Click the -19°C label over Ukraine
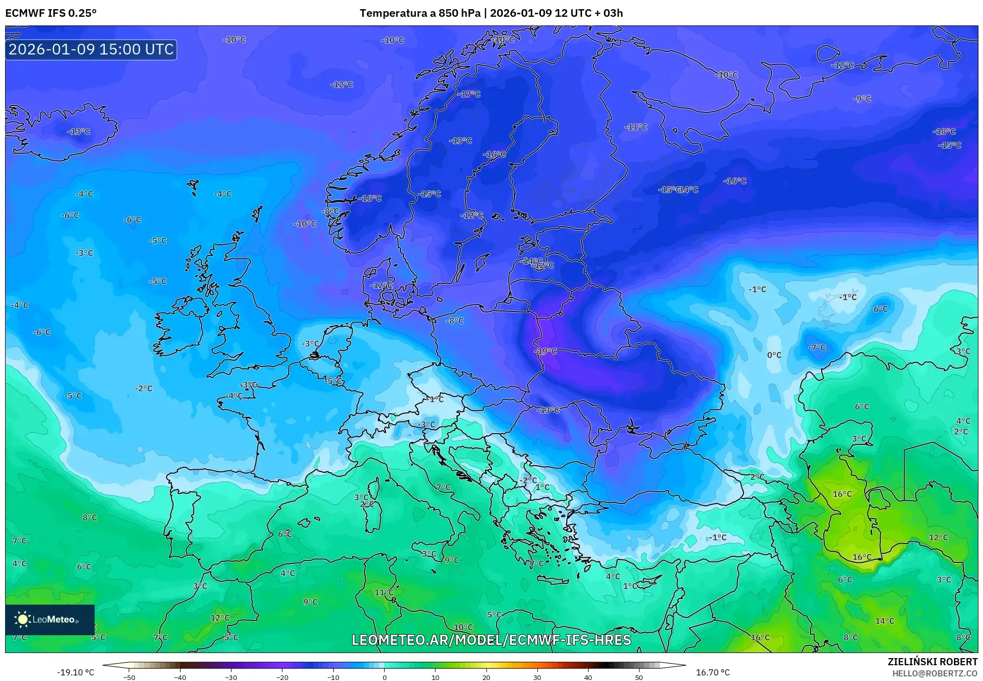coord(545,351)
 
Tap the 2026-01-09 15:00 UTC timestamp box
coord(91,49)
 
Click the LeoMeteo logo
coord(49,619)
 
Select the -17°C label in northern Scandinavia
coord(469,94)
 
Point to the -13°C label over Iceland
coord(79,131)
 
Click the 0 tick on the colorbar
coord(384,677)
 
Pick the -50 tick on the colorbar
coord(129,677)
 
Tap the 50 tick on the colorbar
coord(639,677)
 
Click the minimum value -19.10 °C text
coord(75,672)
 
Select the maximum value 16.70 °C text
coord(712,672)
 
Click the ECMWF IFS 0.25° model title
coord(51,13)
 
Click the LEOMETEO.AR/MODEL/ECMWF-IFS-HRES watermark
coord(491,640)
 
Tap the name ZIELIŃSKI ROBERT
coord(932,662)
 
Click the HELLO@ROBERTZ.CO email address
coord(934,673)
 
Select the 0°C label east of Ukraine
coord(774,355)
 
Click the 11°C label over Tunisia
coord(384,592)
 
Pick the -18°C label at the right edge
coord(944,131)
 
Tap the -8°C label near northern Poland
coord(455,321)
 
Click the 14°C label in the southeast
coord(884,621)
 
